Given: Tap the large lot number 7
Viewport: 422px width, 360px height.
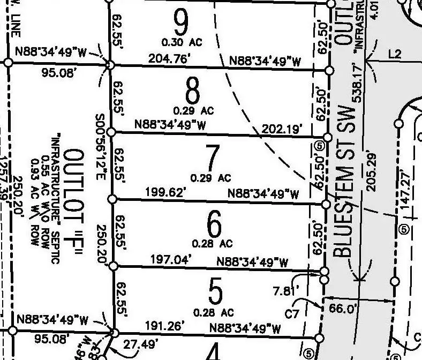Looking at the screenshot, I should coord(213,158).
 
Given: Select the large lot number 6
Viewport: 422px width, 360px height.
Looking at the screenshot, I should coord(213,225).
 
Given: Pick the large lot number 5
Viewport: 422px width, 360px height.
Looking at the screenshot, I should coord(214,292).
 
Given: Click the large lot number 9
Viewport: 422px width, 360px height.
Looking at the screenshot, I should coord(182,22).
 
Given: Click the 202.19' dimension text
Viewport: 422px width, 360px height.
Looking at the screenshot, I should coord(283,129).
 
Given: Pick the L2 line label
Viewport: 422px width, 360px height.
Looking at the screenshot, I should coord(395,54).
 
